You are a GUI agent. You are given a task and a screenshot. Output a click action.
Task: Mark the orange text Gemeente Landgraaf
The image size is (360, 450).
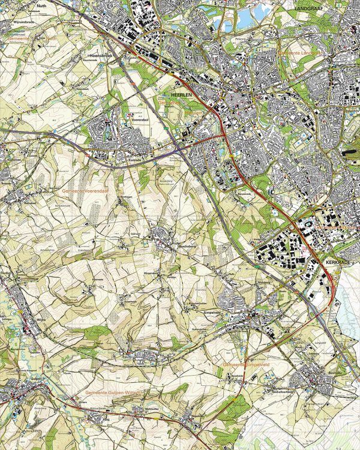(301, 53)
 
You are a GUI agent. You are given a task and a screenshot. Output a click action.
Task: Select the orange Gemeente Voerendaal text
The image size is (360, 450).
(85, 190)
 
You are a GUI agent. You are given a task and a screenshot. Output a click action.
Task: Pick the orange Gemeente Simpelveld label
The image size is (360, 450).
(245, 364)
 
